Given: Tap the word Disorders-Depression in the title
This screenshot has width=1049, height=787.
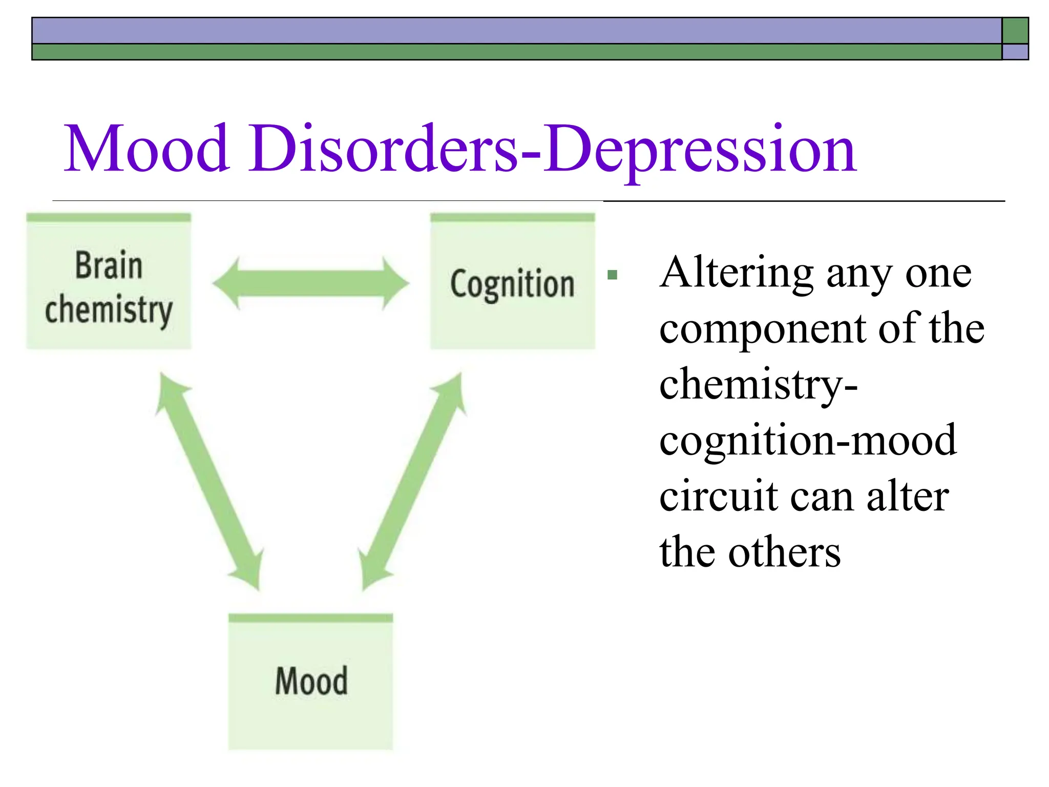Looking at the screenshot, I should [553, 150].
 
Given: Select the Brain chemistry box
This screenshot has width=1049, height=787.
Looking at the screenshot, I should [109, 282].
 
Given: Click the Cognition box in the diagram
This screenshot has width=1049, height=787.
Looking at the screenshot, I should [512, 282].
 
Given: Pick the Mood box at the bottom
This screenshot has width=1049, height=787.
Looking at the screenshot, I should [310, 681].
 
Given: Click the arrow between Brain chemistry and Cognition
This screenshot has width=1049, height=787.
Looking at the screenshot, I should [310, 283].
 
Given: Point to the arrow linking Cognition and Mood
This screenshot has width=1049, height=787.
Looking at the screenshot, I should [413, 482].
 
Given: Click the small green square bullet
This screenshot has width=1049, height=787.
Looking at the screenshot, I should [612, 275].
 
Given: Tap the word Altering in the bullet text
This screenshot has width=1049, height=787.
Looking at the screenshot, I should [737, 273].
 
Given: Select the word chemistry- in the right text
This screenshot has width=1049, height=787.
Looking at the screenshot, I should [758, 385].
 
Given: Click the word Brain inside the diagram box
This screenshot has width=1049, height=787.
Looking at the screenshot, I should [109, 265].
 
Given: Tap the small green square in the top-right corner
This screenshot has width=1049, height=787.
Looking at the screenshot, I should [1015, 31].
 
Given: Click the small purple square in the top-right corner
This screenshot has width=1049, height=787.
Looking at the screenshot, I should [1015, 52].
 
